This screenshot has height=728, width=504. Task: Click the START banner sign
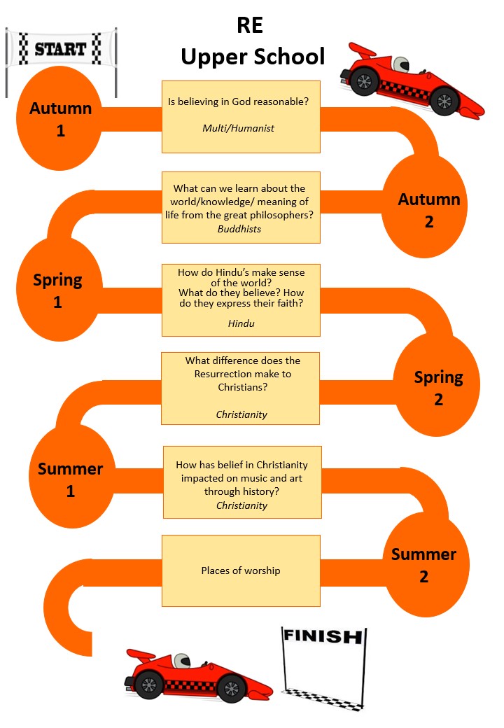click(x=60, y=48)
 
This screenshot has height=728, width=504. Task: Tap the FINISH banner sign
click(x=323, y=636)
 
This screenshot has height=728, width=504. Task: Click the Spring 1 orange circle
click(x=57, y=290)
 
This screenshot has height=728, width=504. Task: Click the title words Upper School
click(x=253, y=57)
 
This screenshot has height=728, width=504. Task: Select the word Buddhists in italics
click(x=239, y=229)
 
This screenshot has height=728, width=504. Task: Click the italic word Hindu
click(x=241, y=323)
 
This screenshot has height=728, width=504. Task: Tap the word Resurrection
click(x=226, y=374)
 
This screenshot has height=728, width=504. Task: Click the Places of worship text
click(x=241, y=570)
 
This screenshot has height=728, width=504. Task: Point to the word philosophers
click(x=280, y=214)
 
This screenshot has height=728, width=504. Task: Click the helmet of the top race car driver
click(x=400, y=64)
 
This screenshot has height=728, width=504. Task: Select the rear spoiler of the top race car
click(x=363, y=52)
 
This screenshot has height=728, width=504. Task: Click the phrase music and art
click(x=272, y=478)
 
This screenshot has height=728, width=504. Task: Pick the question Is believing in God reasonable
click(x=239, y=102)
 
